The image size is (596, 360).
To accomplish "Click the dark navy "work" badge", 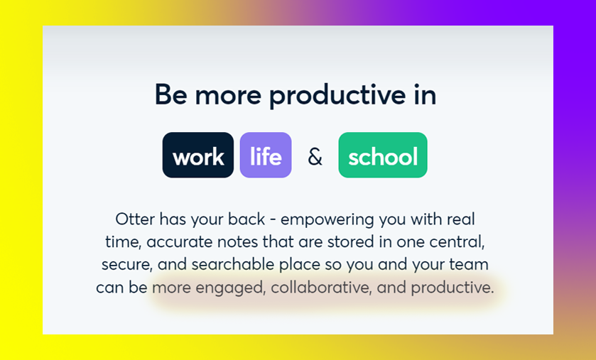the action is (198, 155).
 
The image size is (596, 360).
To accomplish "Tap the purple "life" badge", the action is (266, 155).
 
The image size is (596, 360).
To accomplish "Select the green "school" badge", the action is (383, 155).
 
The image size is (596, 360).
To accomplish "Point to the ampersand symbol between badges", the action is (315, 156).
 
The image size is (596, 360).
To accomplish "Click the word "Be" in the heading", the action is (170, 94).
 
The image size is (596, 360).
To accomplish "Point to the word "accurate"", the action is (179, 242).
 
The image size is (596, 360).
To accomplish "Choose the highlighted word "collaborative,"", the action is (321, 288).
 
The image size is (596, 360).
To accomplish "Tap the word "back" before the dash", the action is (246, 219).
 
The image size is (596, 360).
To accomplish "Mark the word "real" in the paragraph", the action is (461, 219).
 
